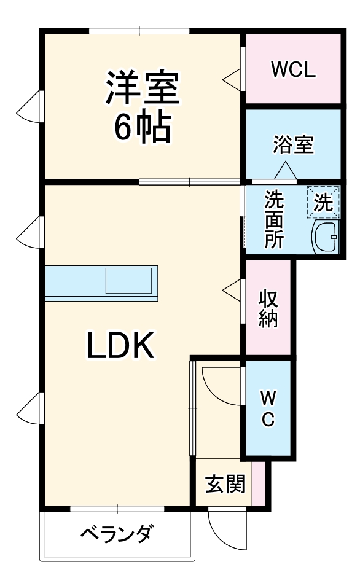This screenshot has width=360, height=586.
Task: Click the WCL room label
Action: [293, 69]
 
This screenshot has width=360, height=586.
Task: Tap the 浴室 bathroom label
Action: [293, 145]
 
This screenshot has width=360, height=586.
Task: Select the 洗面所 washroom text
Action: [274, 219]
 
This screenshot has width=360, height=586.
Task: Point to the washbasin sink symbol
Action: [326, 236]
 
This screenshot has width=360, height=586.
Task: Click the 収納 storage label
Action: [268, 308]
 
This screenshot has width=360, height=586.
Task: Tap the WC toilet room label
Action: [268, 408]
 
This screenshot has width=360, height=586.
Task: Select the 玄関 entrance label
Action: [224, 484]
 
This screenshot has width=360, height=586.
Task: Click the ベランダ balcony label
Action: [117, 535]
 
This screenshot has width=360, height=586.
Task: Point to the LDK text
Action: [119, 346]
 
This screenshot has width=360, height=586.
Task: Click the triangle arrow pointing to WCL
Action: [232, 78]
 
